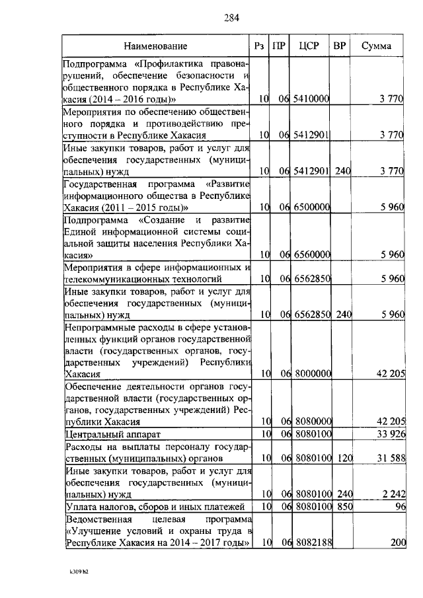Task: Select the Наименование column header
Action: click(x=155, y=46)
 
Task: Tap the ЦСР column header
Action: click(x=309, y=46)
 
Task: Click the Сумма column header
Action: click(x=376, y=46)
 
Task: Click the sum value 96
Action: click(x=398, y=506)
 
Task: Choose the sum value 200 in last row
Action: click(x=395, y=542)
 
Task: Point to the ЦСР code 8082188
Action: click(x=313, y=542)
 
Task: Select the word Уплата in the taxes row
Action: click(x=81, y=506)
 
